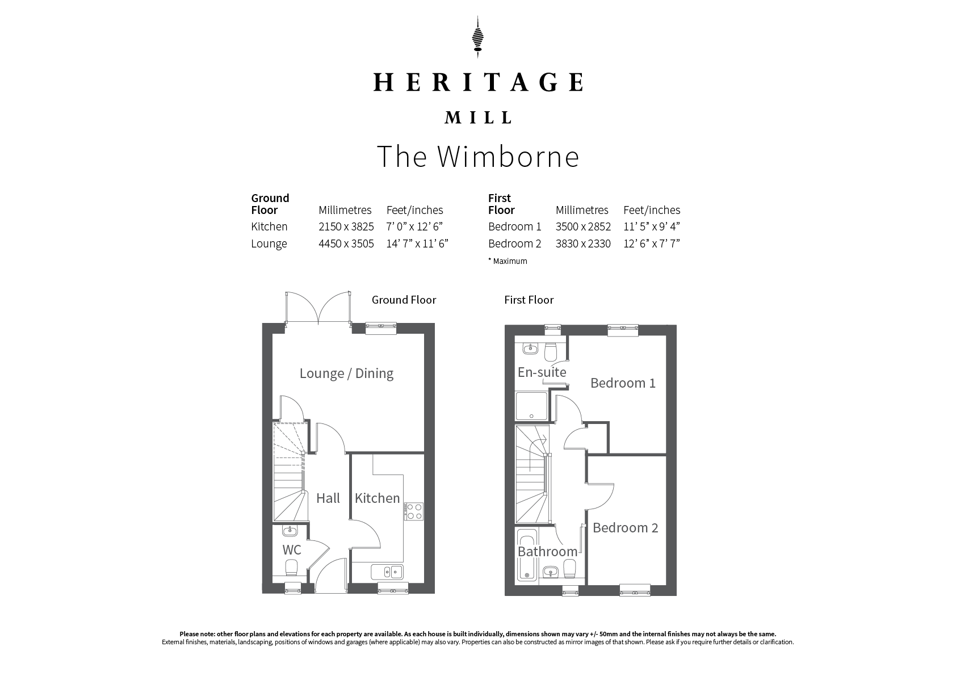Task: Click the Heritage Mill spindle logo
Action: coord(477,37)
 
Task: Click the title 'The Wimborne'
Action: coord(478,157)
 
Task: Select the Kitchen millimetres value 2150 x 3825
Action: coord(346,226)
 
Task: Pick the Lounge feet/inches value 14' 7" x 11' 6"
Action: coord(417,243)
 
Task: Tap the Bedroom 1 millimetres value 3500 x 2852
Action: coord(583,226)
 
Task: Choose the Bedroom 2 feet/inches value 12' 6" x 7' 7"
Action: coord(651,243)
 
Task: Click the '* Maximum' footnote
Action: coord(508,261)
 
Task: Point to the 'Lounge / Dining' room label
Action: coord(346,373)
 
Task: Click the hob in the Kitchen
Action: coord(414,511)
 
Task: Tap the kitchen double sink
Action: coord(387,572)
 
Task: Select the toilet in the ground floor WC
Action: coord(291,568)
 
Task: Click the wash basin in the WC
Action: coord(290,531)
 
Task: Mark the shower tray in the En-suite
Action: coord(531,406)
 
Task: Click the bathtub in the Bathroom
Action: coord(527,555)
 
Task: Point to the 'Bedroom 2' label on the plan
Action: coord(625,528)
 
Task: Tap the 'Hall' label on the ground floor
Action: coord(328,498)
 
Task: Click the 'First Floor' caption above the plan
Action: coord(529,300)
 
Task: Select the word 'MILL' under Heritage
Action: coord(478,117)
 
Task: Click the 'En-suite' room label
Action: coord(542,372)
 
